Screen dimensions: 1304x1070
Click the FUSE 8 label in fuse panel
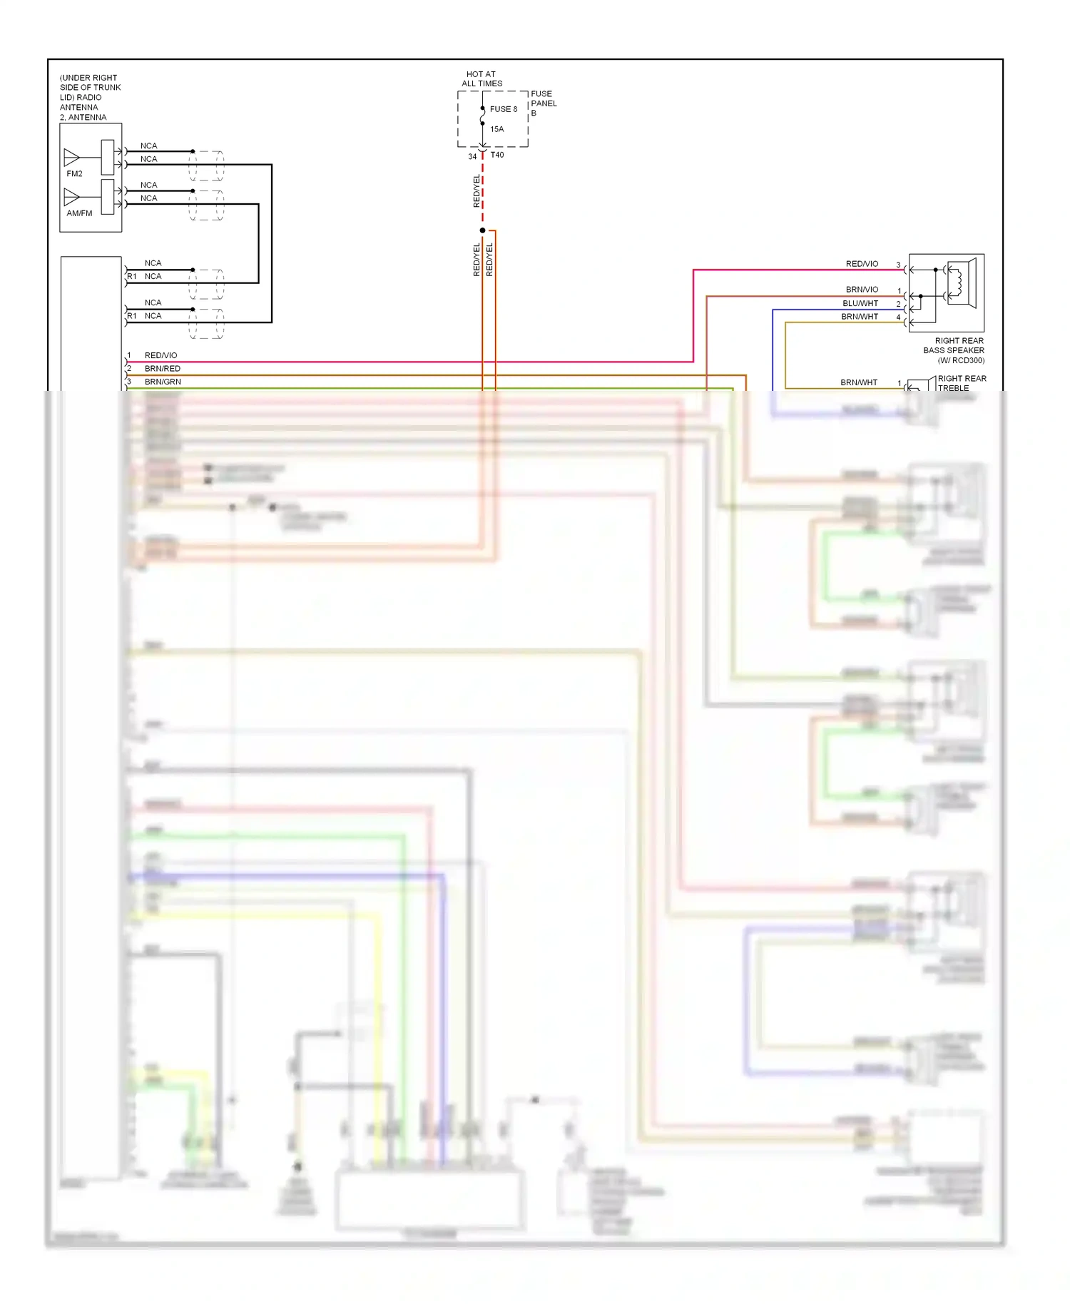pos(503,109)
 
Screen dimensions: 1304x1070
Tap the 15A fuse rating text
pos(496,129)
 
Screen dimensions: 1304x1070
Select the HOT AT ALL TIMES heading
pos(481,78)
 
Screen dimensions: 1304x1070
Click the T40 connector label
pos(497,155)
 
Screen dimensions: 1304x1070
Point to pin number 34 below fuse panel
pos(472,156)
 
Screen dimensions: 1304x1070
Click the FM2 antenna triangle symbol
pos(71,157)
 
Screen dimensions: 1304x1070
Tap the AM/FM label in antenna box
pos(79,213)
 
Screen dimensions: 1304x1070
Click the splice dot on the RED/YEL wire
pos(482,230)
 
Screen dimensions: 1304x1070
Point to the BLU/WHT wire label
pos(860,303)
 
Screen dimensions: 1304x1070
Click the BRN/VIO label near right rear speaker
pos(862,290)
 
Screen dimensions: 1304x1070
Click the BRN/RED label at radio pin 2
pos(163,369)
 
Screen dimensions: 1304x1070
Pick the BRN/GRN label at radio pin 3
pos(163,382)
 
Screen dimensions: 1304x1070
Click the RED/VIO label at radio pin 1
pos(160,355)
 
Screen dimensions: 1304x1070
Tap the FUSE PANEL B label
pos(543,103)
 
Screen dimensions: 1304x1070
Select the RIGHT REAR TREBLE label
pos(961,383)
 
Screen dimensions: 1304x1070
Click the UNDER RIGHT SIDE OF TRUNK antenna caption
pos(89,97)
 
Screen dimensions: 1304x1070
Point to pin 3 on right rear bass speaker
pos(898,265)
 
